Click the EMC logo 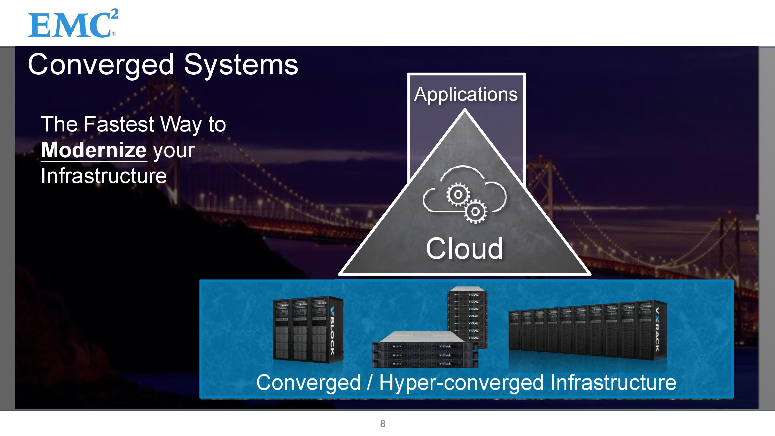click(73, 24)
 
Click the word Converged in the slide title click(101, 65)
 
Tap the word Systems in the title click(241, 65)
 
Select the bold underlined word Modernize click(94, 150)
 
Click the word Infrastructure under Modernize click(104, 176)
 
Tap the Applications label click(466, 94)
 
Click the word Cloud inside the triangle click(464, 248)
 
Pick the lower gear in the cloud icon click(475, 212)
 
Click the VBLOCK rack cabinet click(307, 330)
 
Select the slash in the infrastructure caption click(370, 383)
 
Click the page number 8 click(383, 423)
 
